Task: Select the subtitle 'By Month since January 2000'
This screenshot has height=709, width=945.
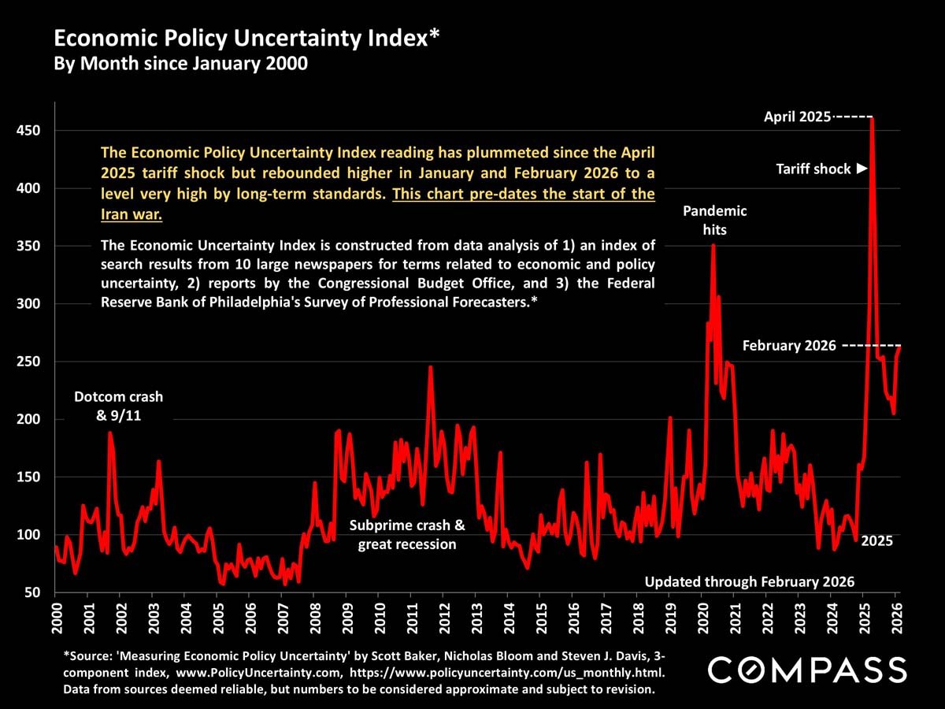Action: [180, 64]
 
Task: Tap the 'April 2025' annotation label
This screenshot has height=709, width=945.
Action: [798, 117]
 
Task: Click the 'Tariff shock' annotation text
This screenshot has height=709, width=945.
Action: [813, 169]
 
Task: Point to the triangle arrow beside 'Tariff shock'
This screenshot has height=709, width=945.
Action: [862, 169]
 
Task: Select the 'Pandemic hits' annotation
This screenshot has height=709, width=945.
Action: [715, 221]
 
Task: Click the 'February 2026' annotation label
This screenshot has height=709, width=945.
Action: [789, 346]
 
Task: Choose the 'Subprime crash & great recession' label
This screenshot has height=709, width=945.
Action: [407, 535]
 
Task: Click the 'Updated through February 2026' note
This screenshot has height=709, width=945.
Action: [750, 582]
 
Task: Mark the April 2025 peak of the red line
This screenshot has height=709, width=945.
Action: [871, 118]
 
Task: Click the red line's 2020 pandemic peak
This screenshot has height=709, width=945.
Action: [713, 245]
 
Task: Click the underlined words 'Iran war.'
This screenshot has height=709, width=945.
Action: [132, 214]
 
